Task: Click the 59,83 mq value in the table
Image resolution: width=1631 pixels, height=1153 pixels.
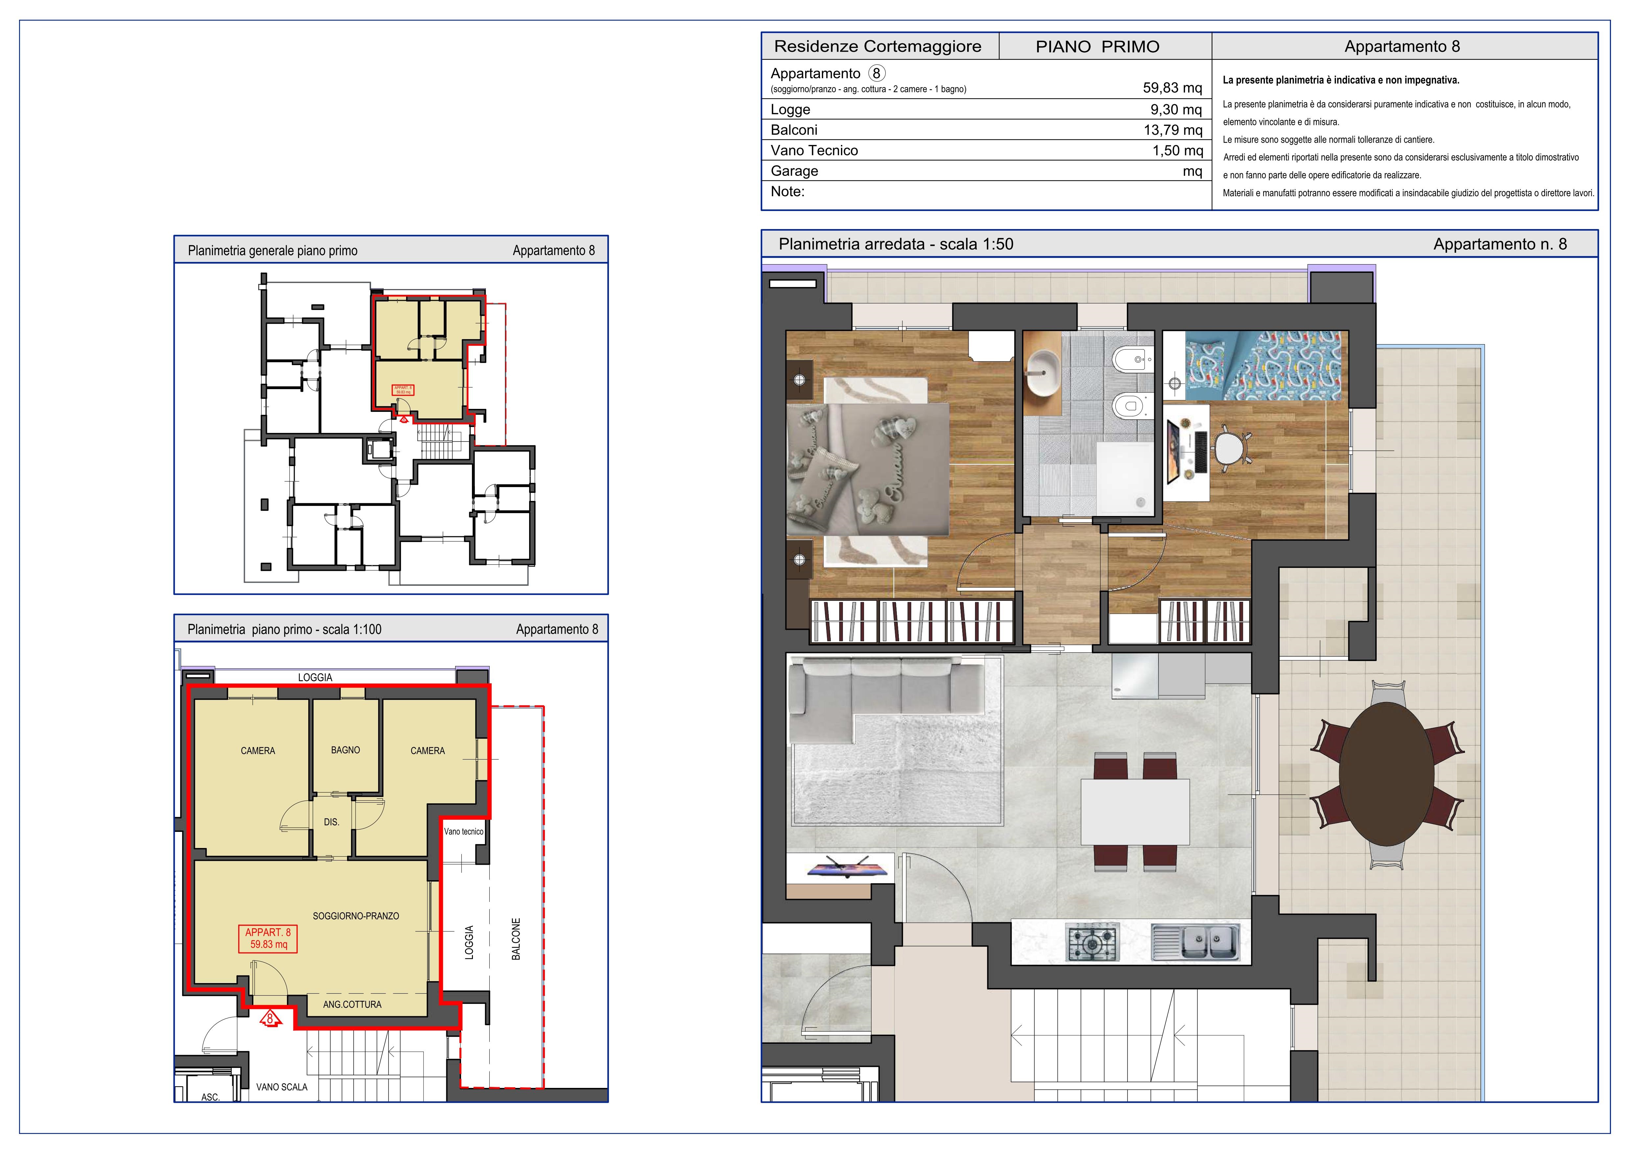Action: coord(1172,88)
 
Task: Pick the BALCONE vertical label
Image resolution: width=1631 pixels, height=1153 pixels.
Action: coord(516,939)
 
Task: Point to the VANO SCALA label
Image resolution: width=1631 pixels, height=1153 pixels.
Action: coord(282,1087)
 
